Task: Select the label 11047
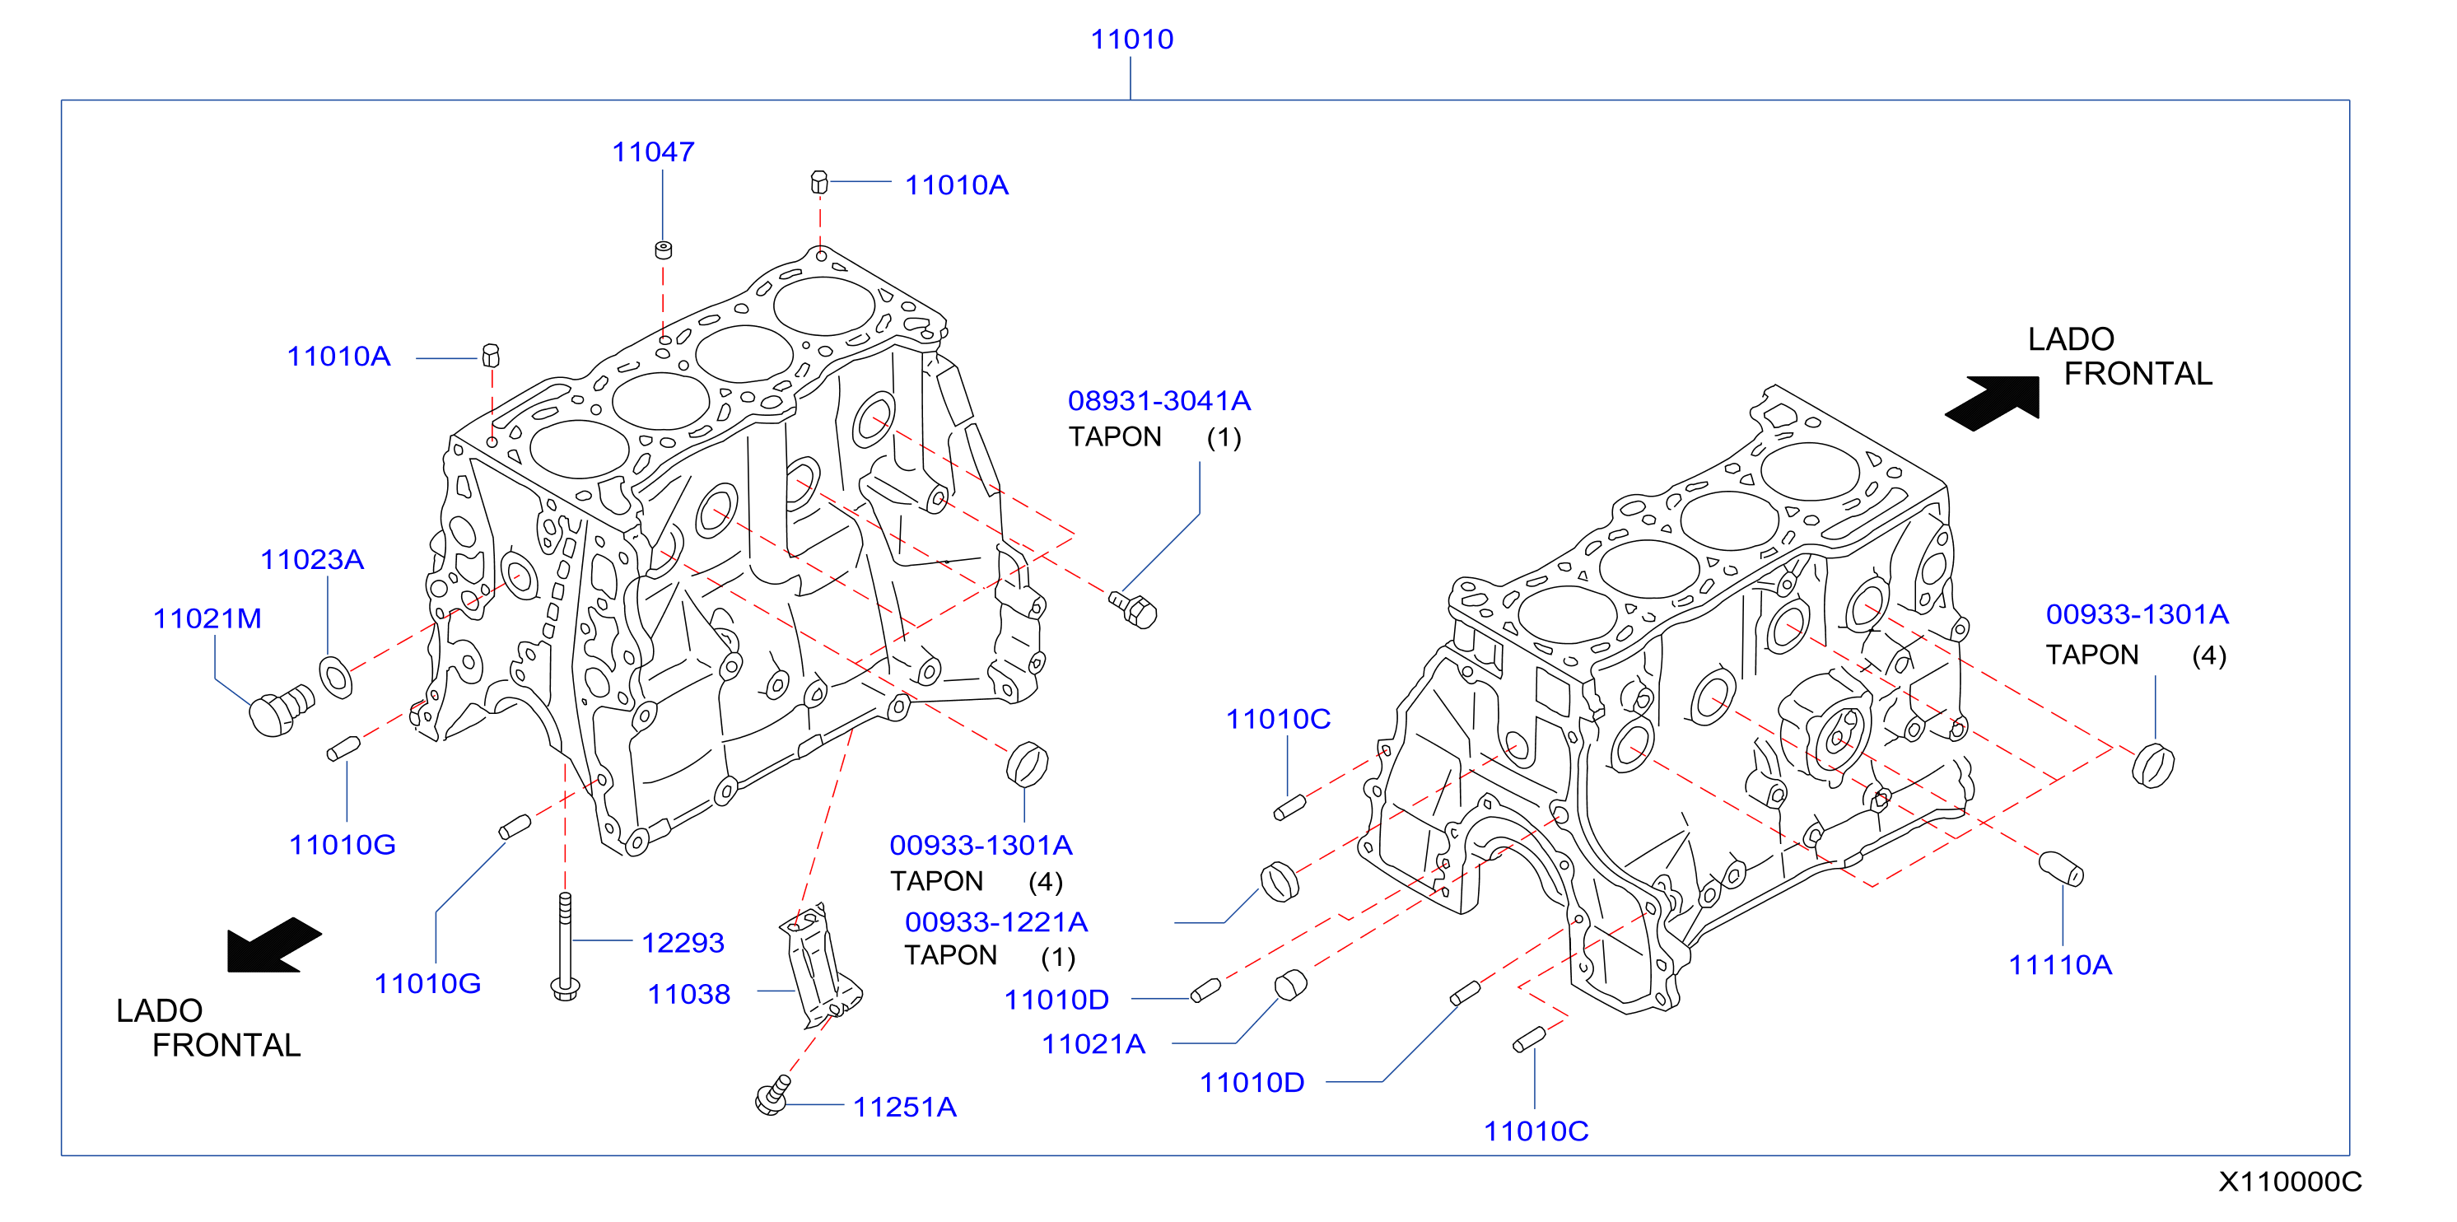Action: (652, 152)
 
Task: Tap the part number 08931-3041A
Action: (1159, 401)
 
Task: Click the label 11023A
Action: (312, 559)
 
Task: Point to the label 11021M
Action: (207, 618)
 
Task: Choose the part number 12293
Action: (683, 943)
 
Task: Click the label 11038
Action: (688, 994)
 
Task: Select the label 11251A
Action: (904, 1107)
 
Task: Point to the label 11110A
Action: (2060, 964)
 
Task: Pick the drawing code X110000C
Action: (2289, 1181)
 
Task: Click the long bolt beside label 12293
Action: (565, 946)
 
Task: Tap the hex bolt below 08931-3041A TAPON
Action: (1133, 608)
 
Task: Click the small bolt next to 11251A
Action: (772, 1095)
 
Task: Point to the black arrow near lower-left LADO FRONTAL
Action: (273, 945)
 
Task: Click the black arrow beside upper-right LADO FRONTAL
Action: (1993, 403)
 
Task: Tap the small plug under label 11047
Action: (664, 250)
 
